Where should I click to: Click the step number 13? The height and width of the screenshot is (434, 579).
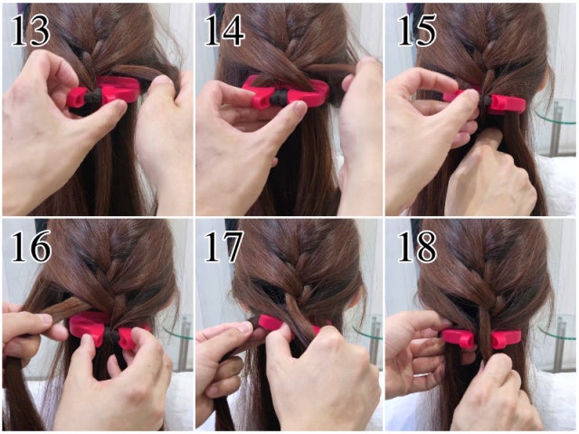pos(31,31)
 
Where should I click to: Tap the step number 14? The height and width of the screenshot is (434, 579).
pos(223,31)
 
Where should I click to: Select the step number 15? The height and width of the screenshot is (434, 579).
pos(417,31)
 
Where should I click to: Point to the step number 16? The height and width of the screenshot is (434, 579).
pos(31,247)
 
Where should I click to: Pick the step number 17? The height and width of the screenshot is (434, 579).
pos(223,247)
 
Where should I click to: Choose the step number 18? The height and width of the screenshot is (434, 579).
pos(417,247)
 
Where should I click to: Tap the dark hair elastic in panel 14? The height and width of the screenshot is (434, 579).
pos(278,98)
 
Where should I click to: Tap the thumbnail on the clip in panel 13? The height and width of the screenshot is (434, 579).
pos(119,107)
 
